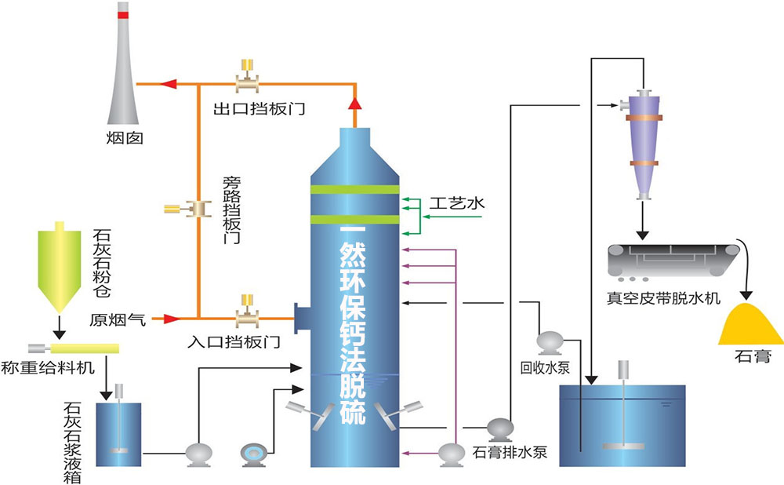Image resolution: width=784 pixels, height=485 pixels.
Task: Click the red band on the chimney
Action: click(x=122, y=15)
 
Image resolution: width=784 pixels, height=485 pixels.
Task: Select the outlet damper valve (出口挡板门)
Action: click(x=248, y=80)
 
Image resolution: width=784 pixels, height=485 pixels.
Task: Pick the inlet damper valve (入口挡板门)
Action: click(x=248, y=317)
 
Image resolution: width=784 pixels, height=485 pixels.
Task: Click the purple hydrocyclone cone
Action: click(x=644, y=145)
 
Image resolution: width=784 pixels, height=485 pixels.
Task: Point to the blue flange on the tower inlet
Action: click(x=301, y=318)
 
